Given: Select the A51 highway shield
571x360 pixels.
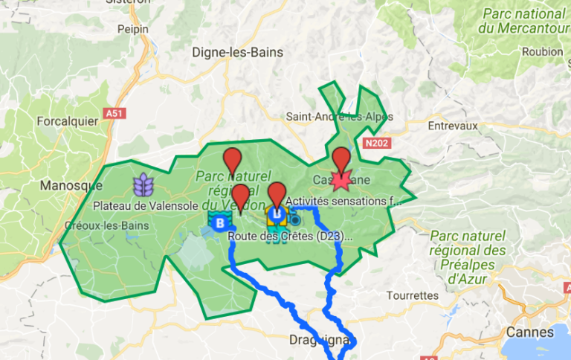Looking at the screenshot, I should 114,113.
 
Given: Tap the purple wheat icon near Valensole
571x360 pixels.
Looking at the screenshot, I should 142,183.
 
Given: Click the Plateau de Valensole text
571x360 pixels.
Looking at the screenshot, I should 141,205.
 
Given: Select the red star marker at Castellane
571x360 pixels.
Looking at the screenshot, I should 341,181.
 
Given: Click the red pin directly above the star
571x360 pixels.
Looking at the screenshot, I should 341,160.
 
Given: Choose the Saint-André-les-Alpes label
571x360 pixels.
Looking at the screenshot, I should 339,117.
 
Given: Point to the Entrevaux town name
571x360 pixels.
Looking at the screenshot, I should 452,126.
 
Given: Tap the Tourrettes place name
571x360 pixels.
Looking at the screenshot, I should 413,295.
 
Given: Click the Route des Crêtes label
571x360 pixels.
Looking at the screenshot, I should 290,237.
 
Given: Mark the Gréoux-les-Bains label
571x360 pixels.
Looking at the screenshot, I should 107,225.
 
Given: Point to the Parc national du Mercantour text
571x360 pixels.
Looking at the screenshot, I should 524,21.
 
